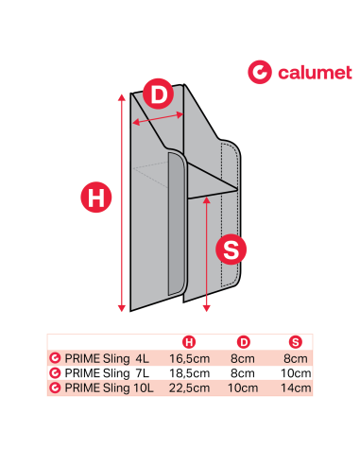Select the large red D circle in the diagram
[160, 95]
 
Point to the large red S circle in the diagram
[231, 250]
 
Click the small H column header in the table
[189, 341]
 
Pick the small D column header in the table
[243, 341]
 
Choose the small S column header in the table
[296, 341]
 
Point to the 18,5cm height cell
[188, 373]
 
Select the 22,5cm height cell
[188, 387]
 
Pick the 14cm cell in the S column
[296, 387]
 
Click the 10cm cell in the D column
[243, 387]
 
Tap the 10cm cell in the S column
[296, 373]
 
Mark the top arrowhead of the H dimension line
[121, 96]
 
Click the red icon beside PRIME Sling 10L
[55, 387]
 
